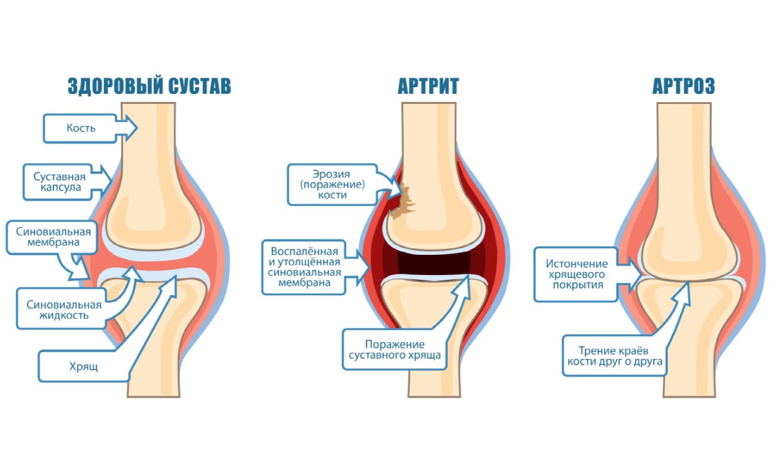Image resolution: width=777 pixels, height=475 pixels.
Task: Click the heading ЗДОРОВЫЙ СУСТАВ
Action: [149, 87]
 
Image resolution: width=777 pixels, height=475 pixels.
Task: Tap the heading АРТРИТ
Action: [428, 87]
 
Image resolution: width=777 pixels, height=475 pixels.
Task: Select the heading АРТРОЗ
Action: [683, 87]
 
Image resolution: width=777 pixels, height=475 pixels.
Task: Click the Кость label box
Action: [81, 128]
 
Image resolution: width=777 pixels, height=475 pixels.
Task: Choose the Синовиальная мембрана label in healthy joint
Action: [54, 237]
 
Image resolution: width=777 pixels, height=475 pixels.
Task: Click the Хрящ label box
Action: [84, 367]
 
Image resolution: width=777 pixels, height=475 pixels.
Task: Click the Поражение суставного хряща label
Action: [395, 350]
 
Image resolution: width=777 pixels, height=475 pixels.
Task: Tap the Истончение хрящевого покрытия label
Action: [576, 274]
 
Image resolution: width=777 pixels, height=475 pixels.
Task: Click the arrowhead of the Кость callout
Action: [132, 127]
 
